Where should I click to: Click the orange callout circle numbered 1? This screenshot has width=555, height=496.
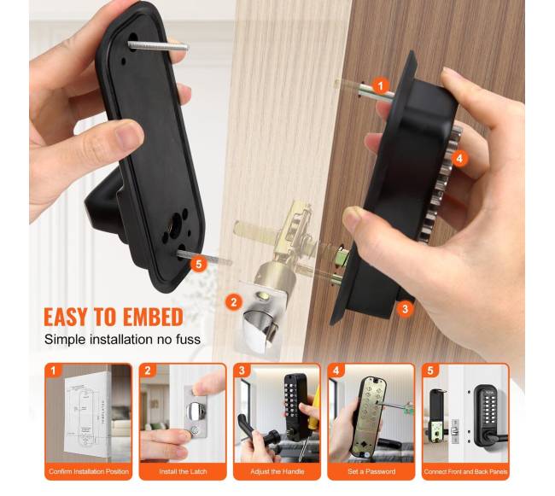click(381, 86)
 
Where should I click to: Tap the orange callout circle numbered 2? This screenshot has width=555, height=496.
click(234, 302)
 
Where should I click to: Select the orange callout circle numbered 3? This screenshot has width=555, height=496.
click(405, 309)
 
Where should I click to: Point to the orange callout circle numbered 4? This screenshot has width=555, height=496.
click(459, 158)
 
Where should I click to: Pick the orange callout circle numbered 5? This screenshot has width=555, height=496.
click(199, 264)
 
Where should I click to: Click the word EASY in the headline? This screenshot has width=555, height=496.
click(66, 317)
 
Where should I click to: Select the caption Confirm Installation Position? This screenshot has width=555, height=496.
click(89, 471)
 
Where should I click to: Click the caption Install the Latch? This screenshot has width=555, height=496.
click(183, 471)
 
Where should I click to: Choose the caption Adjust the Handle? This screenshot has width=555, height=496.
click(277, 471)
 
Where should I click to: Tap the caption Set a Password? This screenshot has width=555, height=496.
click(371, 471)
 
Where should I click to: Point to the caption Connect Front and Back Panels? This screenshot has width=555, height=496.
click(465, 471)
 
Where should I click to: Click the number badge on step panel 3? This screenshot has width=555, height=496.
click(242, 371)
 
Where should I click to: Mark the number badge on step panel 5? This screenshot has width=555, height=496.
click(430, 371)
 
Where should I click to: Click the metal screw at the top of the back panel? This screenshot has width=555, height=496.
click(158, 46)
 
